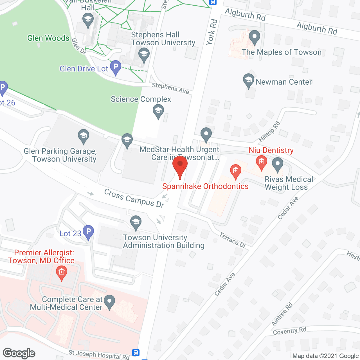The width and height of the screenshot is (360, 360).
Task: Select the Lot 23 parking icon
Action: click(x=89, y=232)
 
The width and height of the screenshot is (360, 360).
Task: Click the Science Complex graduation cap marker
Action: click(x=158, y=111)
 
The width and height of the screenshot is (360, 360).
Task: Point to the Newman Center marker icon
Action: click(x=249, y=80)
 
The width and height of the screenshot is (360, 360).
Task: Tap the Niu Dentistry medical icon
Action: click(x=262, y=162)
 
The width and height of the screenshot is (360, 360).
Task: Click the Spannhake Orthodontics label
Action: click(x=205, y=186)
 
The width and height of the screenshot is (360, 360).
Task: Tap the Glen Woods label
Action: click(x=48, y=38)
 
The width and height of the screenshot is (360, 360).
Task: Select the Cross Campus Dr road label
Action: click(x=134, y=198)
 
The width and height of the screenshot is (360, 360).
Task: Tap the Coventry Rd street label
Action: click(x=289, y=331)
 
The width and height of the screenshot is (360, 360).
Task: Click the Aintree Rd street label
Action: click(x=282, y=314)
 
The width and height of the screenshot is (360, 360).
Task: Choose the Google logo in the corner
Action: click(x=19, y=353)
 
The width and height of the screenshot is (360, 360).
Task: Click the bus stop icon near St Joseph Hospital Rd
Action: click(x=136, y=352)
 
